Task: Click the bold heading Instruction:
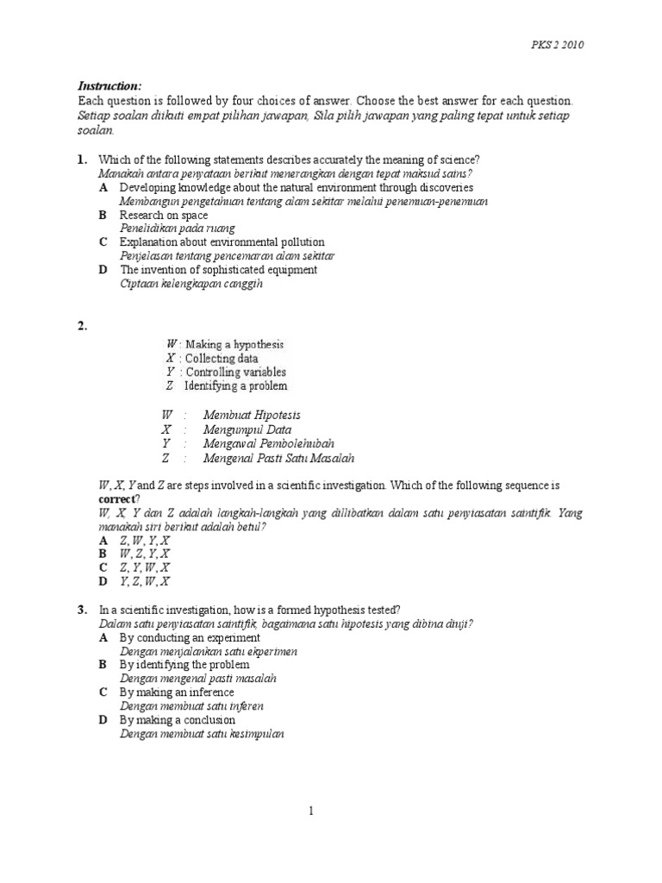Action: coord(109,86)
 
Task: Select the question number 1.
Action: coord(83,160)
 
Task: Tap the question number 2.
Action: coord(83,325)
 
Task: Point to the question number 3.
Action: coord(83,610)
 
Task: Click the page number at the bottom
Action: coord(313,811)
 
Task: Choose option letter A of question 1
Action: coord(103,187)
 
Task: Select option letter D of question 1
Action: coord(103,270)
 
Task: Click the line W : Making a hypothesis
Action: coord(225,344)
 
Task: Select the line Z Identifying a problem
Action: coord(227,385)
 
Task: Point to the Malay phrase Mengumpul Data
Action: coord(247,429)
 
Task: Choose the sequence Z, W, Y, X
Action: coord(144,539)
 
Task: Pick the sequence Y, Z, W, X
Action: coord(144,581)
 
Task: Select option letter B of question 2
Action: coord(103,553)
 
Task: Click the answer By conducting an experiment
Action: coord(190,637)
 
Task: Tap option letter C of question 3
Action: coord(103,692)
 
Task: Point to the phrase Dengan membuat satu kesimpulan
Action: coord(202,734)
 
